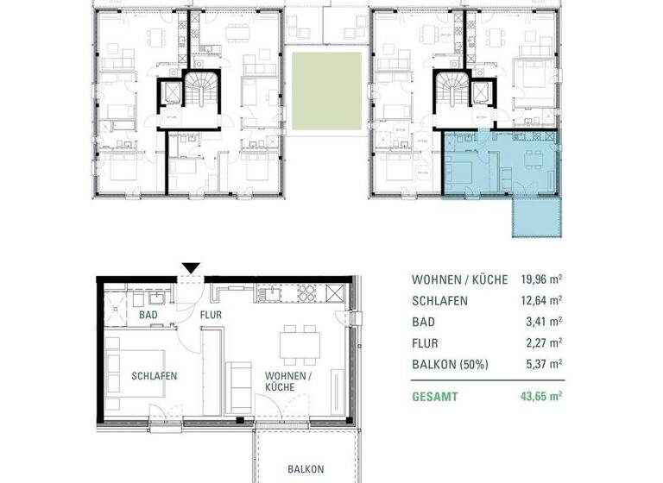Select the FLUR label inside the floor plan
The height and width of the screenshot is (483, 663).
click(x=212, y=316)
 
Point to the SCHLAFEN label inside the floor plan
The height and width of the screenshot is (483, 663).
click(x=155, y=376)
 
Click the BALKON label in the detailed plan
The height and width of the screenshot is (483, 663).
click(x=306, y=469)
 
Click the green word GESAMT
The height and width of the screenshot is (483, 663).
click(x=436, y=398)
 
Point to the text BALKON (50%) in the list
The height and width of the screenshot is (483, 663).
click(x=450, y=364)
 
